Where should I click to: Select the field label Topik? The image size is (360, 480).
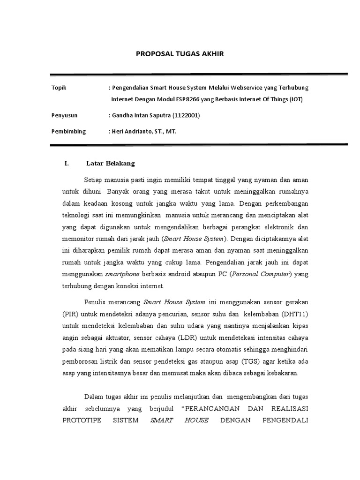[x=59, y=88]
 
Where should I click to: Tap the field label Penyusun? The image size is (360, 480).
[x=64, y=115]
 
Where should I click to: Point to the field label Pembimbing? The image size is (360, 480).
[x=68, y=131]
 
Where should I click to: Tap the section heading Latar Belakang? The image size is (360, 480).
[x=111, y=164]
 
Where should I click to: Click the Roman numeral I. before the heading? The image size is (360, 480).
[x=66, y=164]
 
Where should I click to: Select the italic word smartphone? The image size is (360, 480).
[x=121, y=274]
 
